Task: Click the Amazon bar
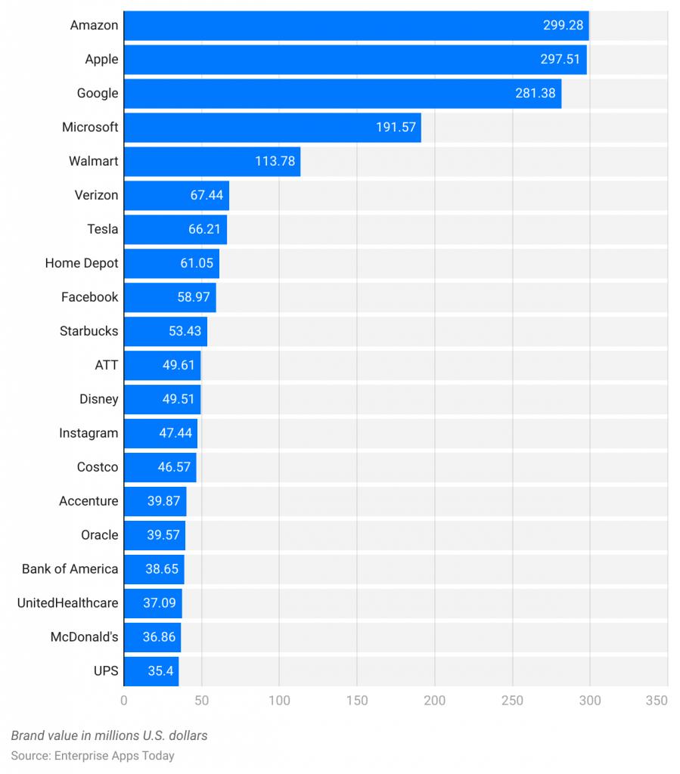pos(356,26)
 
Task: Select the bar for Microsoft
pos(272,128)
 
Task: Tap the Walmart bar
pos(212,162)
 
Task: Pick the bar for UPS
pos(151,671)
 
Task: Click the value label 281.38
pos(535,94)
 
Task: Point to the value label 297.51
pos(561,60)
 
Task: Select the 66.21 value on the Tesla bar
pos(204,230)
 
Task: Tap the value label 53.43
pos(185,332)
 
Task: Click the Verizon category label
pos(96,196)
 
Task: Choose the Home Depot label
pos(82,264)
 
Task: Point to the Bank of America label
pos(70,569)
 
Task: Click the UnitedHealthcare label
pos(67,603)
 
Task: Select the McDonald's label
pos(84,637)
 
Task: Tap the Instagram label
pos(88,433)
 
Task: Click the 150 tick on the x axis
pos(357,701)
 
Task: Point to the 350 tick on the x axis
pos(657,701)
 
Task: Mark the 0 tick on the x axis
pos(124,701)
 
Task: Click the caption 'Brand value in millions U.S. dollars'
pos(109,735)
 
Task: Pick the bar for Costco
pos(160,467)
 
